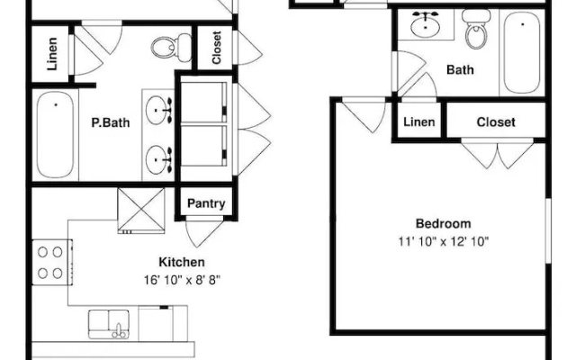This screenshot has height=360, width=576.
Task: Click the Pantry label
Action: [206, 203]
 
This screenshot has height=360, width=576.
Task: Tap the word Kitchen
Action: [182, 262]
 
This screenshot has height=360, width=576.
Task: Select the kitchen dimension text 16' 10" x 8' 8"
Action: [182, 280]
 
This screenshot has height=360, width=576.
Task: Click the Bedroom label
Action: [443, 223]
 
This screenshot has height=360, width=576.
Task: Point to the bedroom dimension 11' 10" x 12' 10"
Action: [444, 241]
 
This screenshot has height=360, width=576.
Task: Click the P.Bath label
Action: [110, 122]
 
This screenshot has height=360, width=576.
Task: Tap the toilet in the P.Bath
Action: [172, 47]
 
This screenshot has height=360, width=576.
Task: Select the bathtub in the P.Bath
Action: [55, 135]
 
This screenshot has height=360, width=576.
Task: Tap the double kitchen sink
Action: [109, 324]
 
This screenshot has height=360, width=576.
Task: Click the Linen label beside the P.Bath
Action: [52, 54]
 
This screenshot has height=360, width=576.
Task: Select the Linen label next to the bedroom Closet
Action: [419, 122]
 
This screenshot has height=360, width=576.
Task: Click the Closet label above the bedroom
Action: [496, 122]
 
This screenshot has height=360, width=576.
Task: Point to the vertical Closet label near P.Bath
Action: [216, 48]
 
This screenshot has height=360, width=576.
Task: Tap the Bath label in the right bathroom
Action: [460, 69]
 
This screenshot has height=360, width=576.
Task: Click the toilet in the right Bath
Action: [476, 29]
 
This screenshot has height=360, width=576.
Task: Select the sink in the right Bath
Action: [426, 25]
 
